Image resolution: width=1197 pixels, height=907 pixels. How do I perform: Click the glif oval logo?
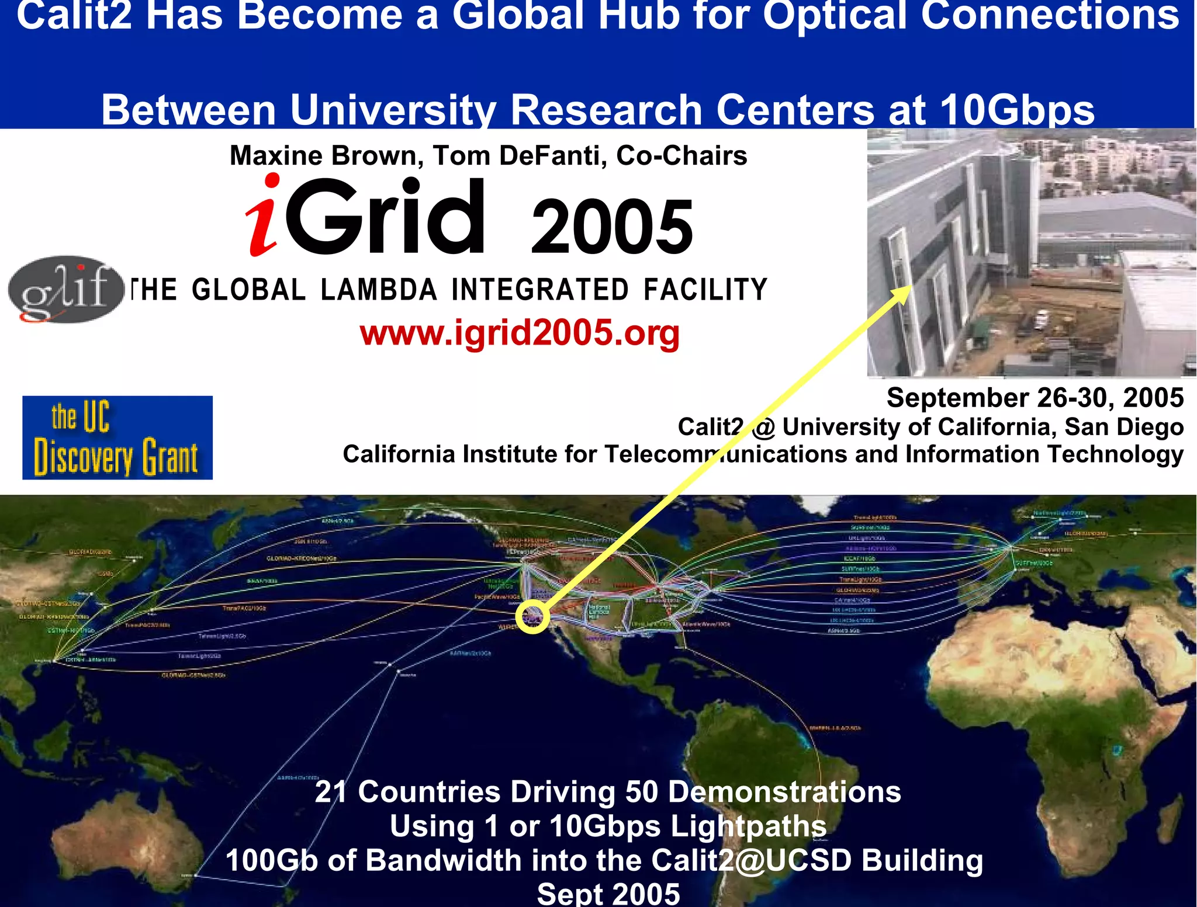click(x=65, y=289)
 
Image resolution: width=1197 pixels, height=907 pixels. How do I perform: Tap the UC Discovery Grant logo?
click(x=117, y=437)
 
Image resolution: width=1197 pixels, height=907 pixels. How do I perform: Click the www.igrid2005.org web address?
click(x=520, y=333)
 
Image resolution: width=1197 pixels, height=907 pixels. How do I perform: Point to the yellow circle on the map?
click(x=532, y=616)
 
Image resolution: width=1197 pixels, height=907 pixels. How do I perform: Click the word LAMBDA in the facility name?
click(x=379, y=290)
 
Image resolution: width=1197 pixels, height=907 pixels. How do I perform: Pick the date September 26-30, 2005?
click(x=1035, y=398)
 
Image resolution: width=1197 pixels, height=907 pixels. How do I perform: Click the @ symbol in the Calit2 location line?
click(x=763, y=428)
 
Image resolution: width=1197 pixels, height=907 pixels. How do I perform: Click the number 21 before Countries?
click(x=331, y=792)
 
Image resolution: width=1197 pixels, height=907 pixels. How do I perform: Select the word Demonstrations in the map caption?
click(x=784, y=792)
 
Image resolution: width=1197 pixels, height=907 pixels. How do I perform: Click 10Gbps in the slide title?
click(x=1017, y=110)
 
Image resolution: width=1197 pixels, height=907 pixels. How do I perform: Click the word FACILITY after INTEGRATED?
click(x=705, y=290)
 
